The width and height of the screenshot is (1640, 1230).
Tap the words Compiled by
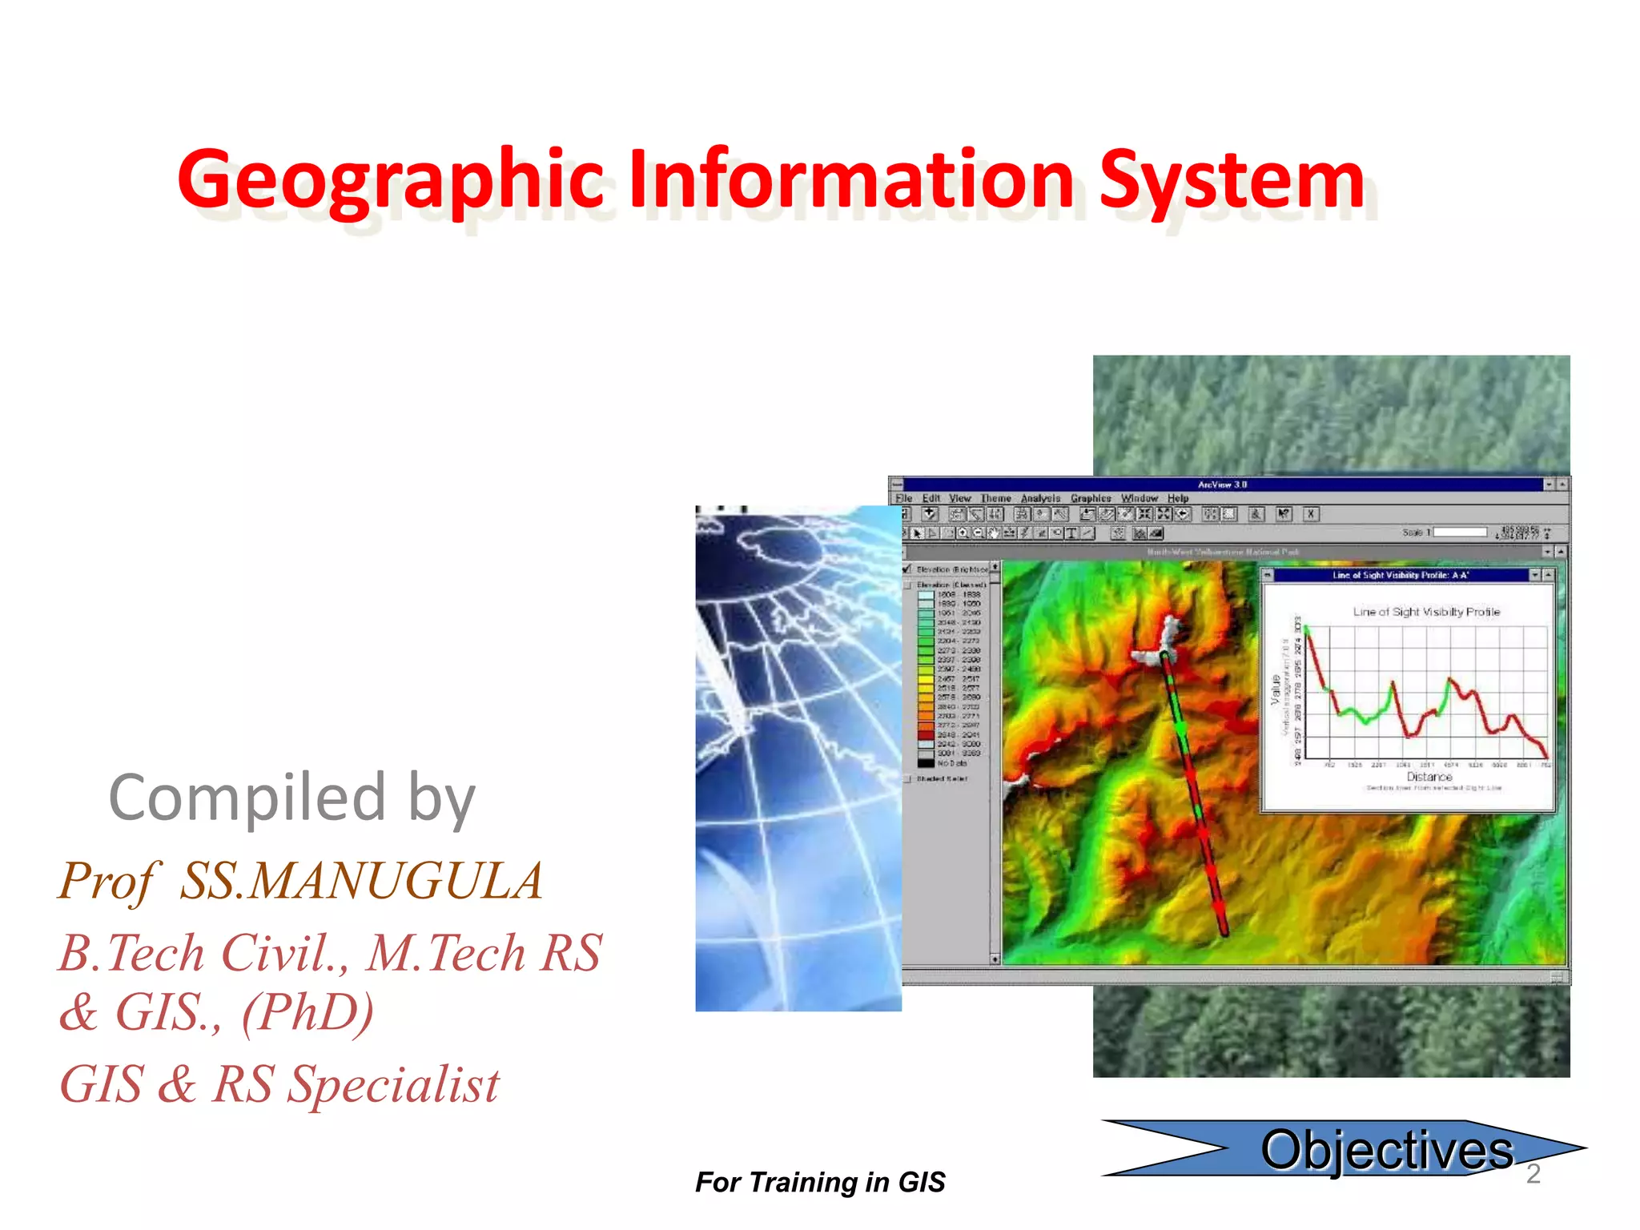(x=292, y=798)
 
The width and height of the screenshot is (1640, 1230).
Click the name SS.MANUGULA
(x=361, y=881)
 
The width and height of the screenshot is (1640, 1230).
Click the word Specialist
(x=393, y=1085)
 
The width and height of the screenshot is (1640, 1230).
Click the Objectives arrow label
(x=1386, y=1150)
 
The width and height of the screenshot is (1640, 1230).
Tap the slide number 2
(x=1533, y=1174)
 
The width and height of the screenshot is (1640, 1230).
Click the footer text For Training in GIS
(x=820, y=1182)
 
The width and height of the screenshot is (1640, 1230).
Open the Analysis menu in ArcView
(x=1040, y=498)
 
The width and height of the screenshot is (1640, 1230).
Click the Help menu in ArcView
(x=1177, y=498)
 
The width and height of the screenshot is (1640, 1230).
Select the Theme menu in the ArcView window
(x=995, y=498)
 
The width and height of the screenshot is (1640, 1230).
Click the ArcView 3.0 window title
(x=1222, y=484)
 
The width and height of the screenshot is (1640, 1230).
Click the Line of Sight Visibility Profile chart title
(x=1426, y=612)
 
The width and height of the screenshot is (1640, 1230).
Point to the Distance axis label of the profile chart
(x=1429, y=777)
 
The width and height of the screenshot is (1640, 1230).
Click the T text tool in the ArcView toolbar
(x=1071, y=533)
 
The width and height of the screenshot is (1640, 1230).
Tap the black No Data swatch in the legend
(x=926, y=763)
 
